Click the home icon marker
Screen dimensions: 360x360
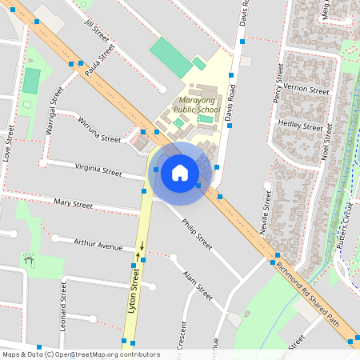point(180,172)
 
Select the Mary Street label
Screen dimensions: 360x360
point(72,204)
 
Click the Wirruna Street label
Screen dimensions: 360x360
point(99,129)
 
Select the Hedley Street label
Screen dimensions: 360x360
point(299,126)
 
